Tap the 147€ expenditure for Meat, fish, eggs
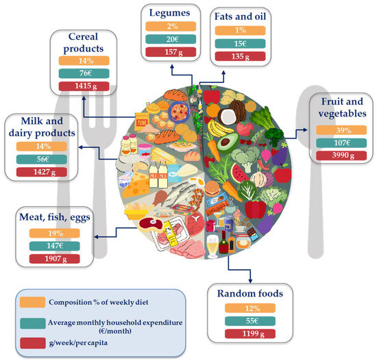[x=55, y=246]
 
